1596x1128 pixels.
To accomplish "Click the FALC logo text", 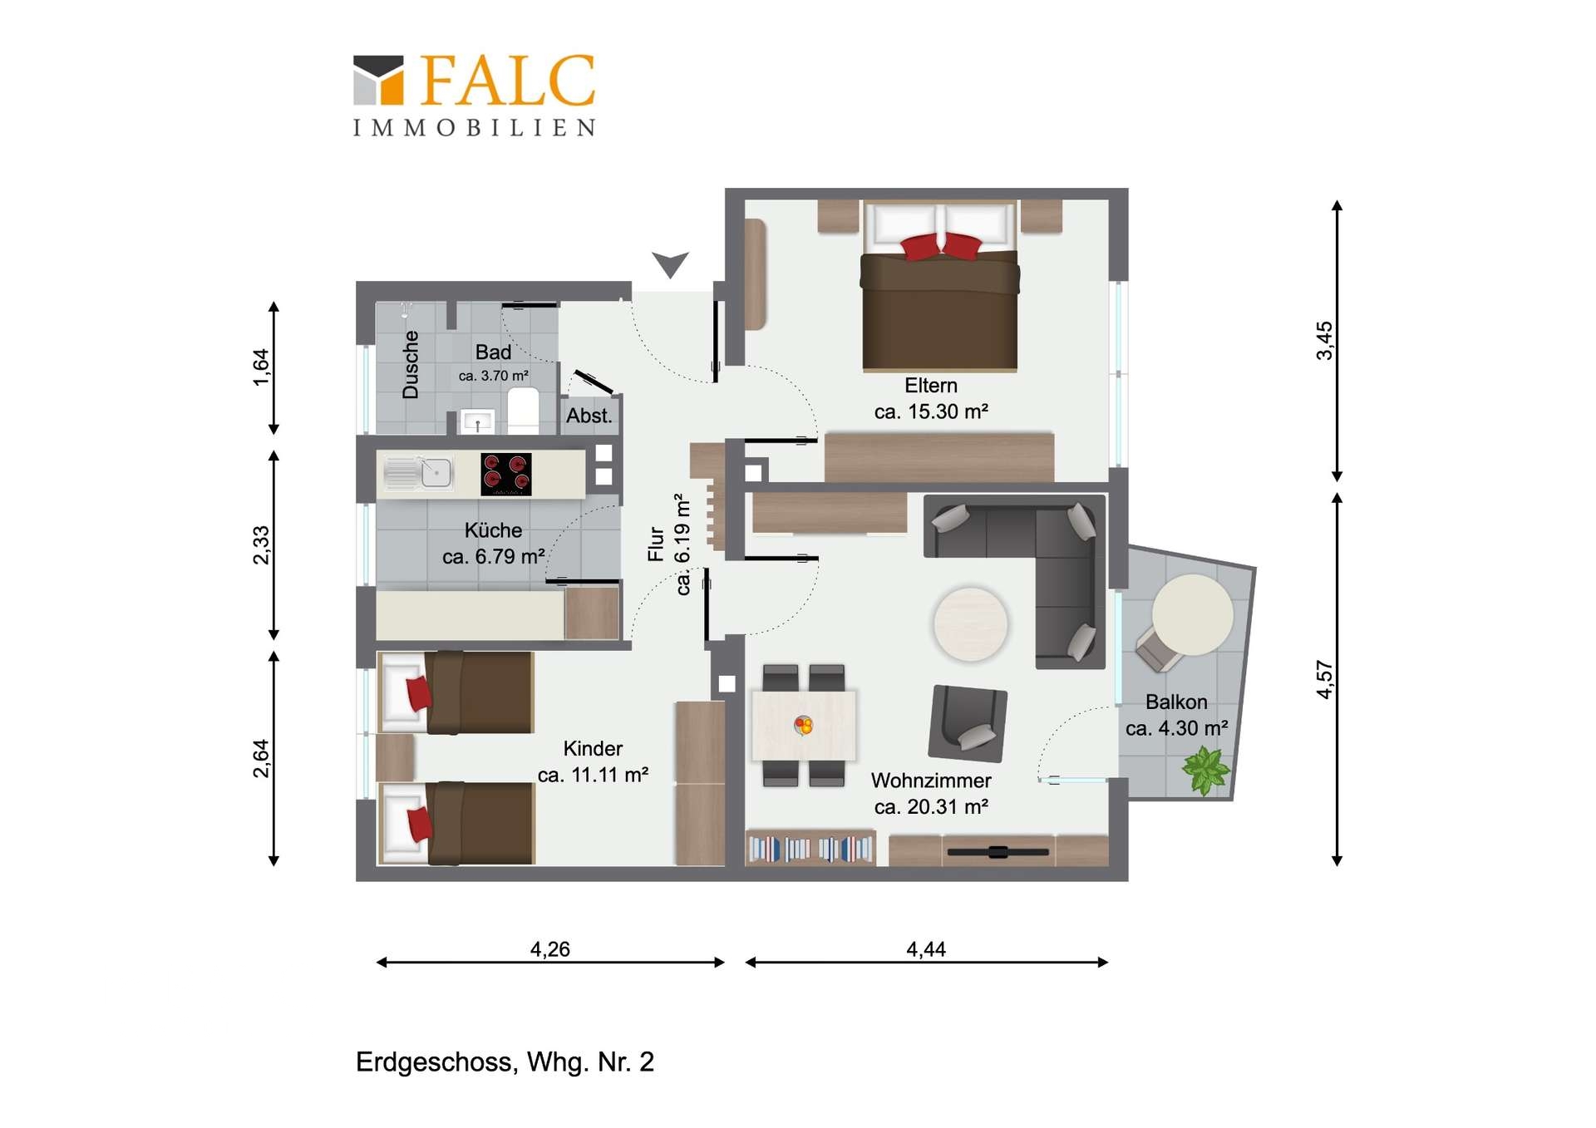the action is coord(508,81).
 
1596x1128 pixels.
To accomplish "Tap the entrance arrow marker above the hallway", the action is coord(670,264).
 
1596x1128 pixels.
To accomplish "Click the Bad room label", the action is coord(493,352).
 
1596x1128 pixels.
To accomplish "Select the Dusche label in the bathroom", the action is coord(411,365).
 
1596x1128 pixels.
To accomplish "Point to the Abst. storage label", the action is coord(589,416).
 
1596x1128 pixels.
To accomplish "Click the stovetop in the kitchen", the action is coord(506,474).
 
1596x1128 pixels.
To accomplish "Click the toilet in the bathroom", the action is coord(523,410).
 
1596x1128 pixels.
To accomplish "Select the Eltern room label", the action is coord(931,386).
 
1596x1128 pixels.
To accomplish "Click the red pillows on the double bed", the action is coord(941,247).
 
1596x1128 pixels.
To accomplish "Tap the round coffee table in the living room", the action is coord(970,624).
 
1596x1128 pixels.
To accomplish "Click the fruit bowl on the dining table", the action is coord(803,726).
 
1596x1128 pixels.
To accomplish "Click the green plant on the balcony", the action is coord(1204,771).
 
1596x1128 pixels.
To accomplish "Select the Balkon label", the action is coord(1176,702).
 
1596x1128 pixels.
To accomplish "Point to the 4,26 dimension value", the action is coord(550,949).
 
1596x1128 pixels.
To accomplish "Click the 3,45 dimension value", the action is coord(1324,341).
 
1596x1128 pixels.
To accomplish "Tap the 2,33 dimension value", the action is coord(261,545).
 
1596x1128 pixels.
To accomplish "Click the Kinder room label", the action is coord(593,749).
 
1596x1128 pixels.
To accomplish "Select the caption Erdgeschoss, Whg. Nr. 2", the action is coord(505,1062).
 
